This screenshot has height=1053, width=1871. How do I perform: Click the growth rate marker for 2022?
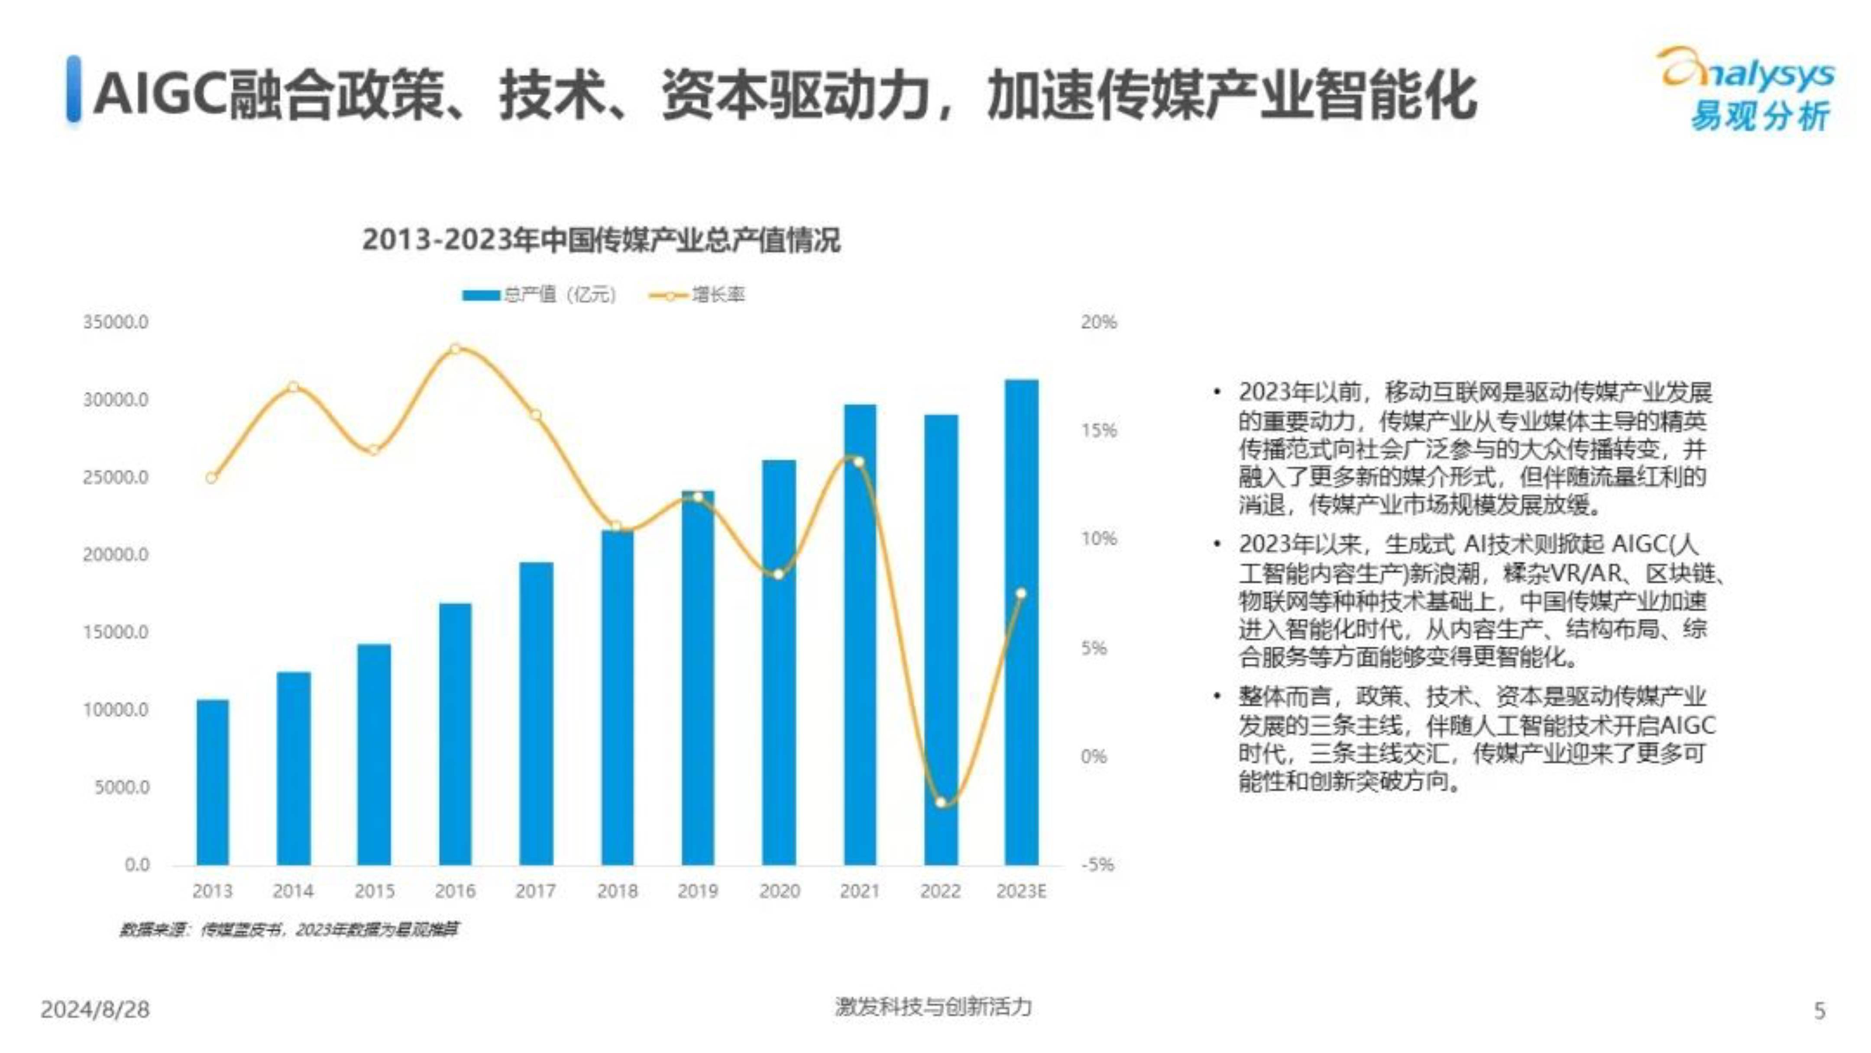[x=941, y=802]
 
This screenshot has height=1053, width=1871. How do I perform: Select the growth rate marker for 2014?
[x=293, y=387]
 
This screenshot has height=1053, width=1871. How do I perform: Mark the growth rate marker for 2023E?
[x=1021, y=593]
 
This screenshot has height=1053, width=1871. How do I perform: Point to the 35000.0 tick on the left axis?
[x=116, y=322]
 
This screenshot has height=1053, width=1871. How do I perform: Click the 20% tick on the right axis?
[x=1098, y=322]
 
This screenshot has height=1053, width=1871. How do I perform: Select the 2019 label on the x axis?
[x=698, y=891]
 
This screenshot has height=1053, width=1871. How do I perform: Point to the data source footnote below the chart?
[x=289, y=930]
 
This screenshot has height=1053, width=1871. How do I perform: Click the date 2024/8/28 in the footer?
[x=95, y=1009]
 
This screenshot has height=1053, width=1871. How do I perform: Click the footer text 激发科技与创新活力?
[x=933, y=1007]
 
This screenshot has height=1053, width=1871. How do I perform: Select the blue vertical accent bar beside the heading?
[x=73, y=89]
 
